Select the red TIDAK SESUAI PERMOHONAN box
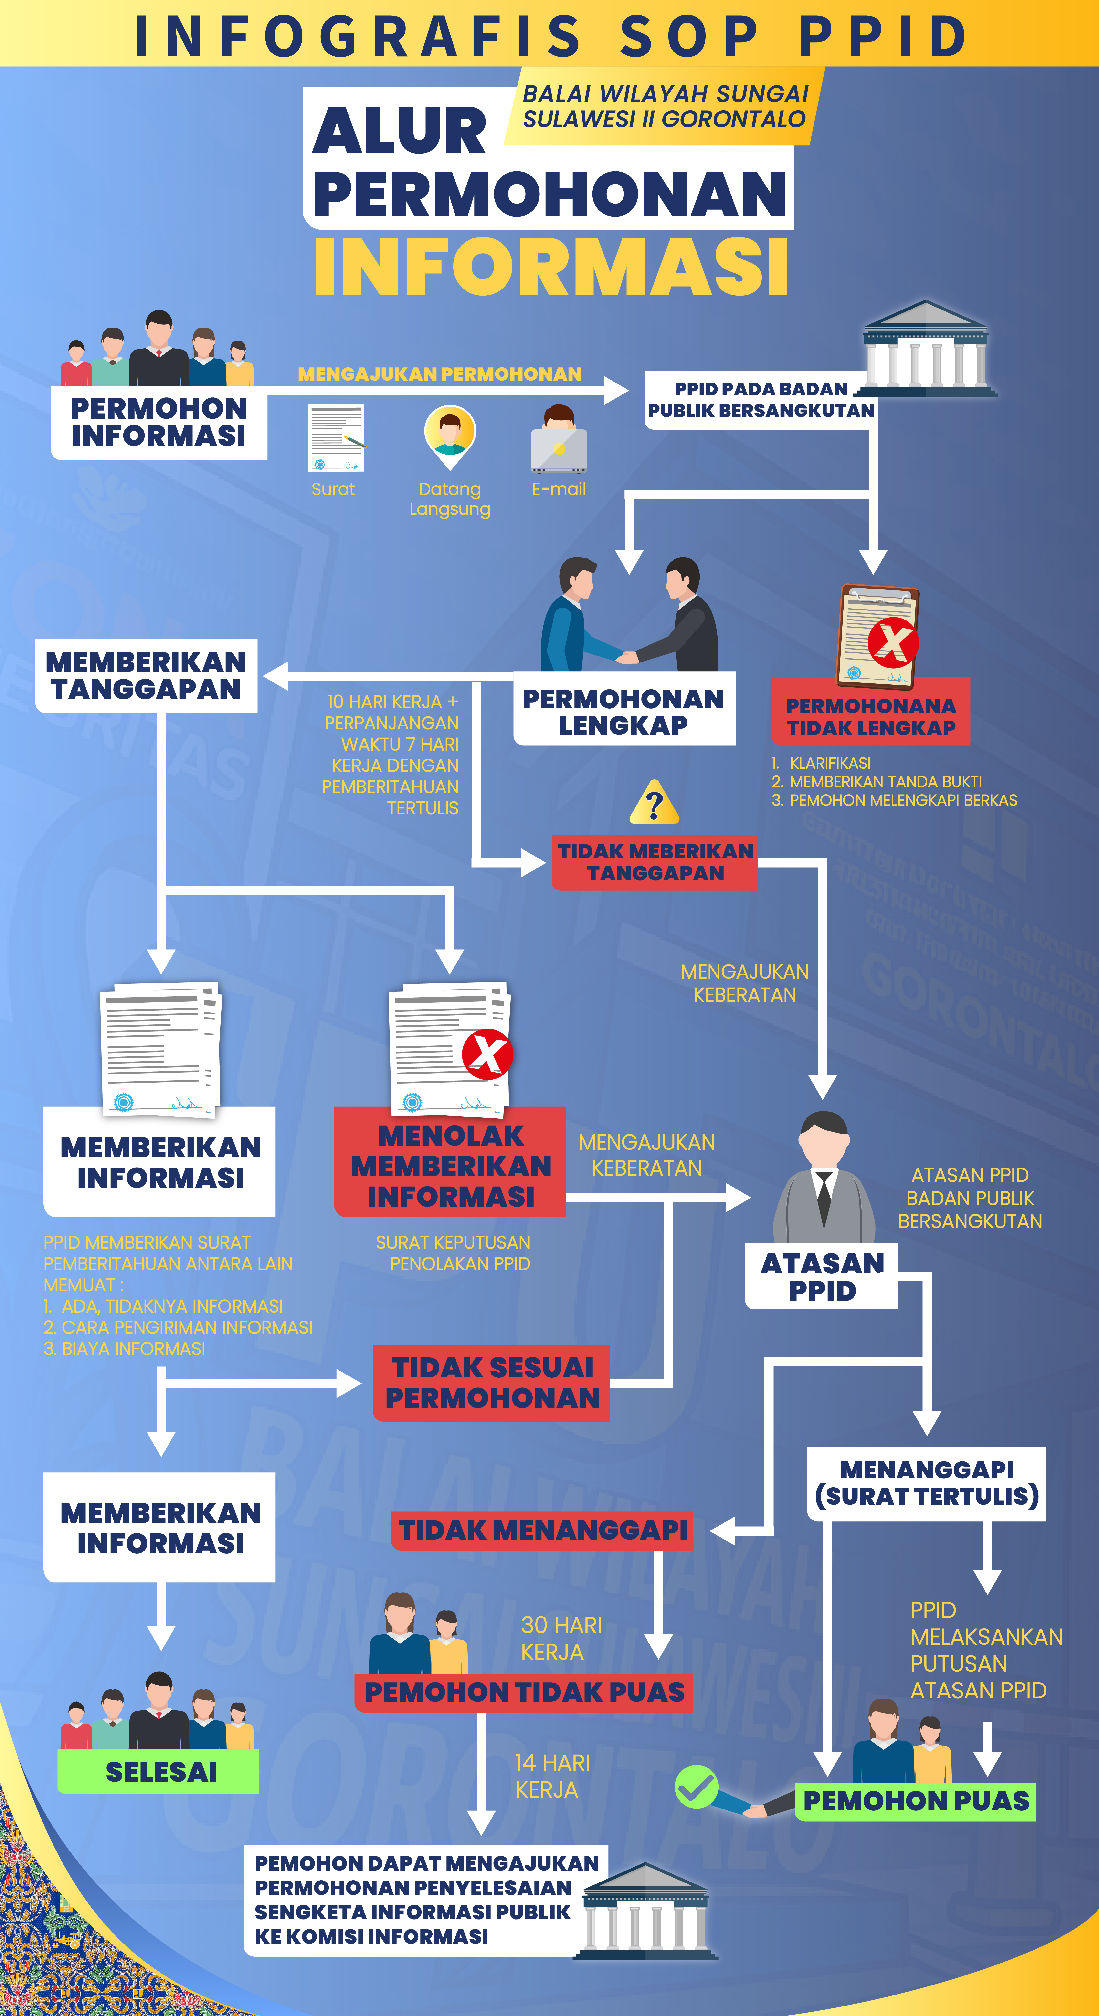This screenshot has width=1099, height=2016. pos(492,1383)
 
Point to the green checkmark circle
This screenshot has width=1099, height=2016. pos(696,1786)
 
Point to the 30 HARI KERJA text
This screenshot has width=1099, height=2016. pos(561,1639)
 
